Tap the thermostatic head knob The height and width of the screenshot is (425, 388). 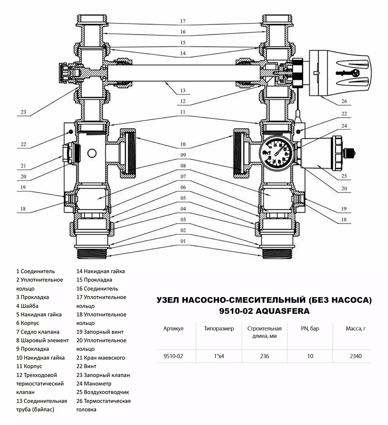click(340, 73)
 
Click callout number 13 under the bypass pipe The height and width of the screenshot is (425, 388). click(183, 91)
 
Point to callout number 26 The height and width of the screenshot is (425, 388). click(344, 101)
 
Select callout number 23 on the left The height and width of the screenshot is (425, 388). click(23, 112)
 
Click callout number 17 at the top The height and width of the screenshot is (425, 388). click(183, 21)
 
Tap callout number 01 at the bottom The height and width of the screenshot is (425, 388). click(183, 241)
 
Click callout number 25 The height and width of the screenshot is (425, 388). click(344, 176)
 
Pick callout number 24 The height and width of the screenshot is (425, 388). click(344, 126)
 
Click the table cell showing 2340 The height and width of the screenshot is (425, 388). click(355, 356)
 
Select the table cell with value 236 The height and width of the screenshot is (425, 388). click(265, 356)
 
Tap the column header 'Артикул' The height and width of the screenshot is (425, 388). click(173, 329)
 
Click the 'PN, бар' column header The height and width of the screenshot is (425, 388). click(310, 329)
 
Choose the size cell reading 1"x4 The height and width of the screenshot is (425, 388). click(219, 356)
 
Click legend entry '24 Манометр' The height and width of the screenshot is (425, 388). click(94, 384)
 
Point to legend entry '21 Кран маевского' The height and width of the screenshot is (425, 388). click(101, 357)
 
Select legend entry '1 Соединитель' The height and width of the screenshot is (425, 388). click(35, 271)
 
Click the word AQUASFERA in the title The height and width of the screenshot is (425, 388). click(282, 310)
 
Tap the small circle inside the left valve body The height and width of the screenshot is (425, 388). click(92, 153)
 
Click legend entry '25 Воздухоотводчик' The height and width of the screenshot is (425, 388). click(102, 392)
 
